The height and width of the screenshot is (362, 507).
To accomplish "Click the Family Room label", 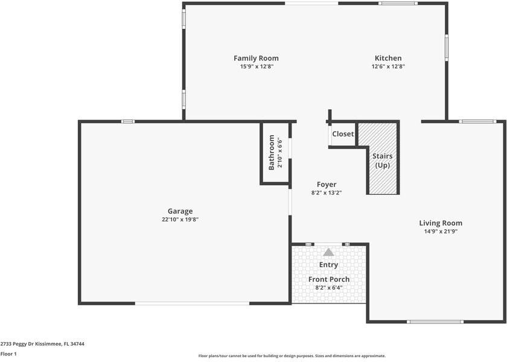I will click(x=256, y=59).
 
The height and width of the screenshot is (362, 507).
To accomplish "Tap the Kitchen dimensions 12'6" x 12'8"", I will click(x=388, y=67).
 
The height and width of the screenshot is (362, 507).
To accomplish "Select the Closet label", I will click(x=343, y=134).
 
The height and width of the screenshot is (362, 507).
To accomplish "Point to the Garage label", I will click(x=180, y=211).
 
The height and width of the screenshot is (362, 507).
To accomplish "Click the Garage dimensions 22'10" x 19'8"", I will click(x=180, y=220).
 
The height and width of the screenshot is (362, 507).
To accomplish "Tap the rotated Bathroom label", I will click(x=271, y=152).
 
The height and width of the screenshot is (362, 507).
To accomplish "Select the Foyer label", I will click(x=327, y=185).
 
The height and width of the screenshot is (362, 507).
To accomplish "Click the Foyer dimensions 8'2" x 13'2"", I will click(x=327, y=193).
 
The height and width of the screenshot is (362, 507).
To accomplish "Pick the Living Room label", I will click(x=441, y=223).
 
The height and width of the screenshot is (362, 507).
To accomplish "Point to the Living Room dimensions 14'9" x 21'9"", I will click(x=441, y=231).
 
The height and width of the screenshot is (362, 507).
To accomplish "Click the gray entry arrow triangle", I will click(x=328, y=252).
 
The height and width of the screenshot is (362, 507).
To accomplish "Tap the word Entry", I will click(x=328, y=265).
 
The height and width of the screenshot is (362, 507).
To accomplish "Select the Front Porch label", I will click(x=329, y=279).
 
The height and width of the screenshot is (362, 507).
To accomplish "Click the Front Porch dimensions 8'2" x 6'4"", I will click(x=329, y=288).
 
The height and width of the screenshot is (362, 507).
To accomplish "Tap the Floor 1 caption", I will click(x=8, y=354).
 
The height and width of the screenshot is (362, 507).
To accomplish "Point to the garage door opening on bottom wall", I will click(x=192, y=303).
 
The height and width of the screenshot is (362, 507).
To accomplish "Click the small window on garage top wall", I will click(x=127, y=121).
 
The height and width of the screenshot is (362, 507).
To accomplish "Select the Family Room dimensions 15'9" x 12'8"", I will click(x=256, y=67).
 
